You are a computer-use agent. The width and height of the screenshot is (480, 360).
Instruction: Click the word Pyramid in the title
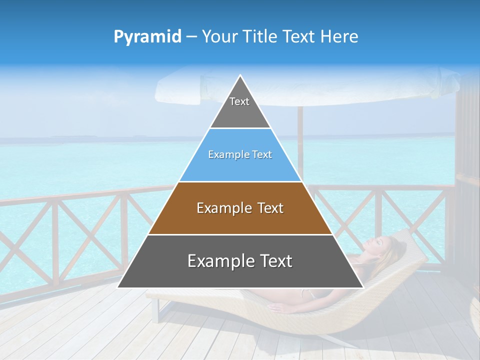pyautogui.click(x=147, y=36)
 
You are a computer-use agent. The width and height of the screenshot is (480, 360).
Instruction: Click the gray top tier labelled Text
pyautogui.click(x=239, y=107)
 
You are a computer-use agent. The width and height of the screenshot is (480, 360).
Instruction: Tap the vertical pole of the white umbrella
pyautogui.click(x=300, y=140)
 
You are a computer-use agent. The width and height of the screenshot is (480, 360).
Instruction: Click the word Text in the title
pyautogui.click(x=300, y=36)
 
